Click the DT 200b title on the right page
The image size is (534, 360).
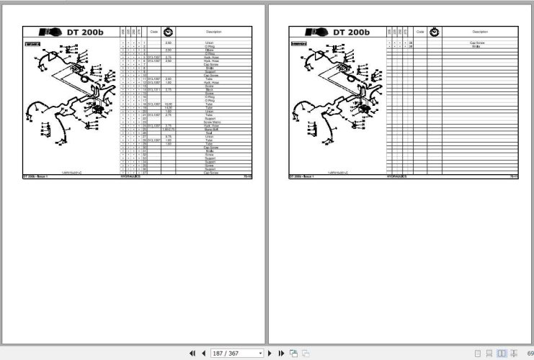[351, 32]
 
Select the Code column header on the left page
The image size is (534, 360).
[153, 32]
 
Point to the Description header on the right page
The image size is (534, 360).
[479, 32]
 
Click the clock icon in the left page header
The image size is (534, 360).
[169, 32]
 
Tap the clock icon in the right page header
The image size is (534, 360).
[435, 32]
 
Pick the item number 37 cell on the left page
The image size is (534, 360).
[145, 173]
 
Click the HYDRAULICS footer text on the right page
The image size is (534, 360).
[397, 176]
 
